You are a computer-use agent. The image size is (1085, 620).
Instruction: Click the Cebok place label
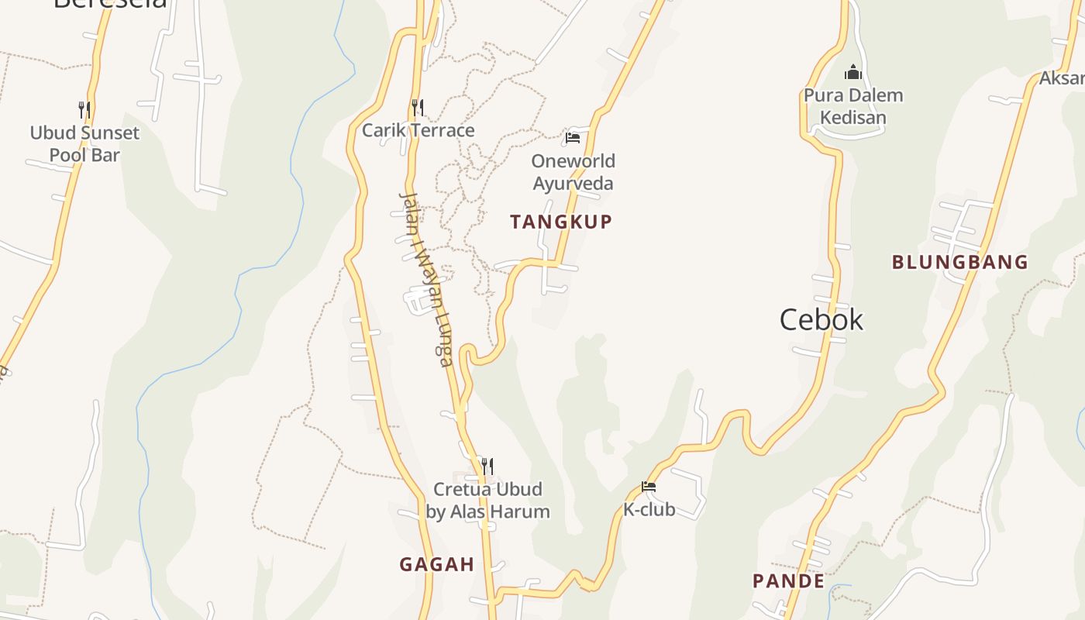click(821, 319)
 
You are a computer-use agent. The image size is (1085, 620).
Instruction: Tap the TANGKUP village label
click(561, 222)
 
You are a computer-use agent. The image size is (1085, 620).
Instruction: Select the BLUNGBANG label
click(959, 262)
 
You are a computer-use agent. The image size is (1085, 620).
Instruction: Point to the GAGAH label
click(436, 564)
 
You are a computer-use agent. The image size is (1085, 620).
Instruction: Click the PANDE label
click(788, 580)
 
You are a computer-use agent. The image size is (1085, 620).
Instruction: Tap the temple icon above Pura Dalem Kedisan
click(853, 73)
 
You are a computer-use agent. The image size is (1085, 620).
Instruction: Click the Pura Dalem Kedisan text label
click(853, 106)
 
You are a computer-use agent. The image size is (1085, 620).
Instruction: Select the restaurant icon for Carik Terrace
click(418, 107)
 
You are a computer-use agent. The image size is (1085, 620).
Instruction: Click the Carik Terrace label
click(418, 130)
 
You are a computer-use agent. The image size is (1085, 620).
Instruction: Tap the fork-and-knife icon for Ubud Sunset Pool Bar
click(84, 109)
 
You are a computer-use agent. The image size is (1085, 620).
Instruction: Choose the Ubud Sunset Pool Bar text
click(84, 143)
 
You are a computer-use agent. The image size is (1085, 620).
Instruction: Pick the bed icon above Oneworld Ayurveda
click(573, 138)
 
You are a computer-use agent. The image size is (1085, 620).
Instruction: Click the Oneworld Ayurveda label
click(573, 172)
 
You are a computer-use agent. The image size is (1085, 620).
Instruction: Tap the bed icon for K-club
click(649, 487)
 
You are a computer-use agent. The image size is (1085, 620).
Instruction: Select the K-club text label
click(649, 509)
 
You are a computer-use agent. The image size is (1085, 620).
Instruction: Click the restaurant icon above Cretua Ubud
click(487, 466)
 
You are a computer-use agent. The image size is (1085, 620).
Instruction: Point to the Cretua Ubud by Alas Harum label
click(487, 501)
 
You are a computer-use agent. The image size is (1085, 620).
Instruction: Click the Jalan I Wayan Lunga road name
click(425, 279)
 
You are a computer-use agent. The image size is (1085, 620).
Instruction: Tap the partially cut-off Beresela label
click(110, 4)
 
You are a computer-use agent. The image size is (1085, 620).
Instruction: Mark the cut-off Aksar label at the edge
click(1061, 78)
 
